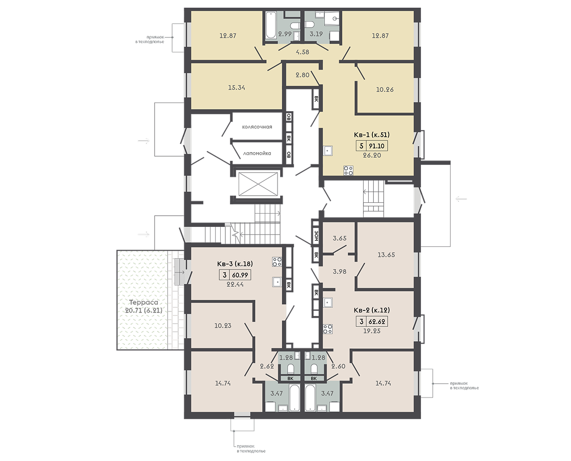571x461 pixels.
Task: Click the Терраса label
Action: click(x=144, y=302)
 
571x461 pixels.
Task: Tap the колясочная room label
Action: click(x=257, y=127)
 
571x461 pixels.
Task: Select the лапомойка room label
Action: click(x=257, y=153)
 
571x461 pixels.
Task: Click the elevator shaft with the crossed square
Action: click(x=258, y=184)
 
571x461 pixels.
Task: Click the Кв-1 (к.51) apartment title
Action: click(x=371, y=135)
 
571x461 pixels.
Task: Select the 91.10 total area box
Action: click(x=377, y=146)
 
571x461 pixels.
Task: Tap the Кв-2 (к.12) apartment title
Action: click(x=372, y=310)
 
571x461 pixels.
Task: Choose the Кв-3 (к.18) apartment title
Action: click(x=235, y=264)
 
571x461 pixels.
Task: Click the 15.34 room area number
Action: click(x=237, y=88)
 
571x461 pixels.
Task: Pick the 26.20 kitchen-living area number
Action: click(x=372, y=155)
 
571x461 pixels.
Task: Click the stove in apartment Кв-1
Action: click(x=348, y=171)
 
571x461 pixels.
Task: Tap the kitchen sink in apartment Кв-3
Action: click(x=277, y=282)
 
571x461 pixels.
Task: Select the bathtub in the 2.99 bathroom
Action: click(x=270, y=25)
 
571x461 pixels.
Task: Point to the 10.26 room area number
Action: click(x=385, y=90)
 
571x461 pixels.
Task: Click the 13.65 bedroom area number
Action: click(x=386, y=255)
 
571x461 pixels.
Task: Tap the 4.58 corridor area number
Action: click(x=302, y=52)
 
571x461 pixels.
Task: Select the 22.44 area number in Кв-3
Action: click(x=235, y=284)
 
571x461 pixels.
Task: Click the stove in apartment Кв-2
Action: click(x=327, y=329)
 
